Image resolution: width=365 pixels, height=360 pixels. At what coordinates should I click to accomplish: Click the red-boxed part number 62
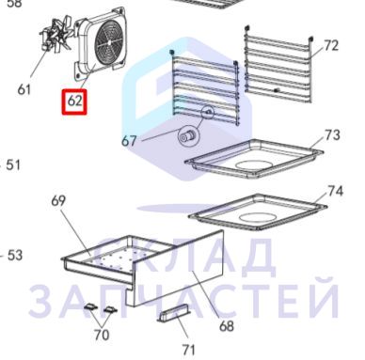(x=74, y=102)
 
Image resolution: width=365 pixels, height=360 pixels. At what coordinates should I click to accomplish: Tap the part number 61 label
(x=24, y=89)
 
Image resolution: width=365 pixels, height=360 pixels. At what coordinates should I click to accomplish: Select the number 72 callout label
(x=331, y=46)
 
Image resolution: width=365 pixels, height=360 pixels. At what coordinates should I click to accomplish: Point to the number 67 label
(x=129, y=141)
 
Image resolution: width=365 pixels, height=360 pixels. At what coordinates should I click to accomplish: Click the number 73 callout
(x=332, y=135)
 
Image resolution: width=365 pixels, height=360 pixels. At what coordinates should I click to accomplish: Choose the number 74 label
(x=335, y=191)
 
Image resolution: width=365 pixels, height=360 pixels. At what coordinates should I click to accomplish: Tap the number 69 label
(x=59, y=201)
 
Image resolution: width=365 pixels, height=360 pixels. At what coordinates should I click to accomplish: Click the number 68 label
(x=227, y=326)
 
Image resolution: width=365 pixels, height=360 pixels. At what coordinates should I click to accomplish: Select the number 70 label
(x=102, y=335)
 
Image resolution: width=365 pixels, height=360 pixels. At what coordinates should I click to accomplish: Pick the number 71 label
(x=189, y=350)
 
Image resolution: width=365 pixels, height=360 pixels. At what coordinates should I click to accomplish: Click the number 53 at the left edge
(x=15, y=256)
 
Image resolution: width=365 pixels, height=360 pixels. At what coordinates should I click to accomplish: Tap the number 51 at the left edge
(x=13, y=165)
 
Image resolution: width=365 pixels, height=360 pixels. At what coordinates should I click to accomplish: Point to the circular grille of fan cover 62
(x=109, y=41)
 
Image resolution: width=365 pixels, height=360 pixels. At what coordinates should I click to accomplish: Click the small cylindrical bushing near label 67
(x=188, y=137)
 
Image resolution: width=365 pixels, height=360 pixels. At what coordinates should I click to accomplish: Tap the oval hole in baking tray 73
(x=254, y=164)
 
